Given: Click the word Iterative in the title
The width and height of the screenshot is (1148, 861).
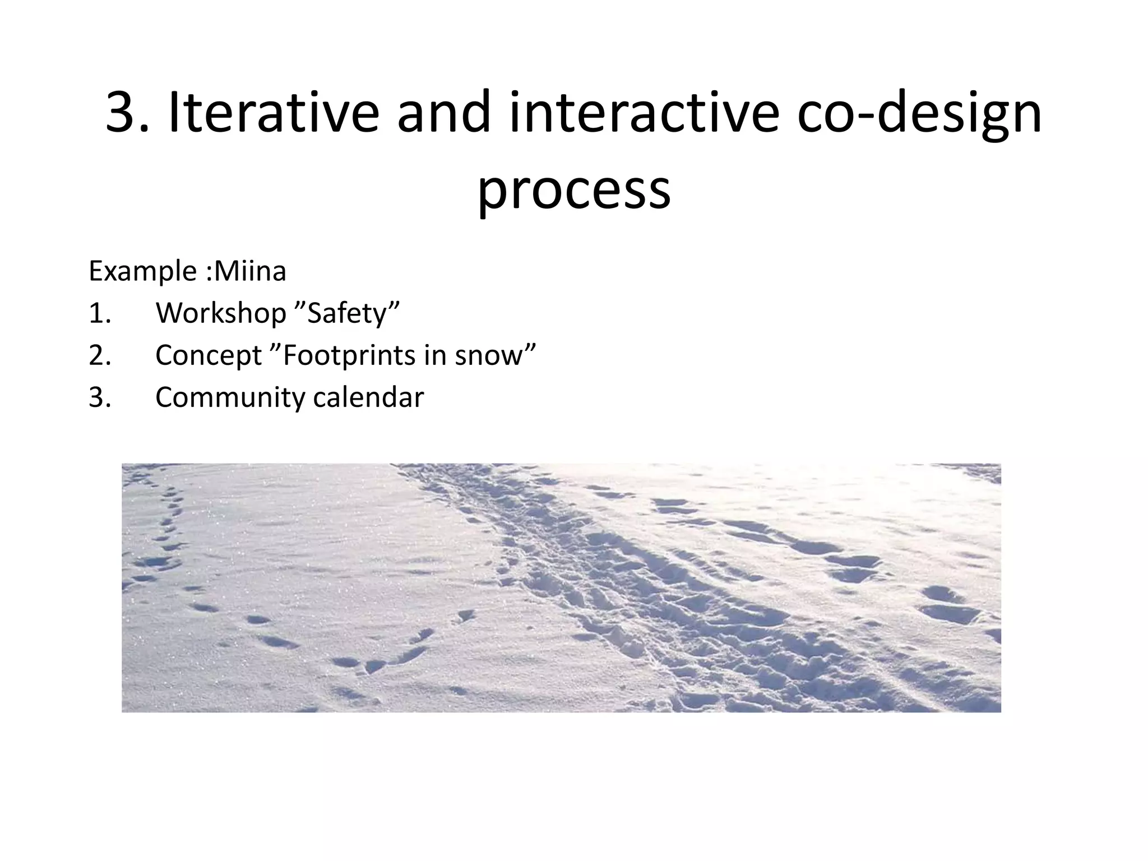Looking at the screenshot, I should [274, 113].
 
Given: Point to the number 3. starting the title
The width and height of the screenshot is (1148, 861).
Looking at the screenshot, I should [128, 114].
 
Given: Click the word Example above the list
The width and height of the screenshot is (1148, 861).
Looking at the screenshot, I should [142, 272].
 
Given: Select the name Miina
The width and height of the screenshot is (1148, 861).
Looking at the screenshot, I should [250, 271].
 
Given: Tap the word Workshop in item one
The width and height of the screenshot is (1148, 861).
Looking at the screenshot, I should [221, 314].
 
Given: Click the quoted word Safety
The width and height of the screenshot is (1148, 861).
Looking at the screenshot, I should [348, 314].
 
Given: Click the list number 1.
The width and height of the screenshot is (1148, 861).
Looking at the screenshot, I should [100, 314].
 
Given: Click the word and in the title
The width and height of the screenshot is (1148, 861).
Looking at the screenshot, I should [444, 113].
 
